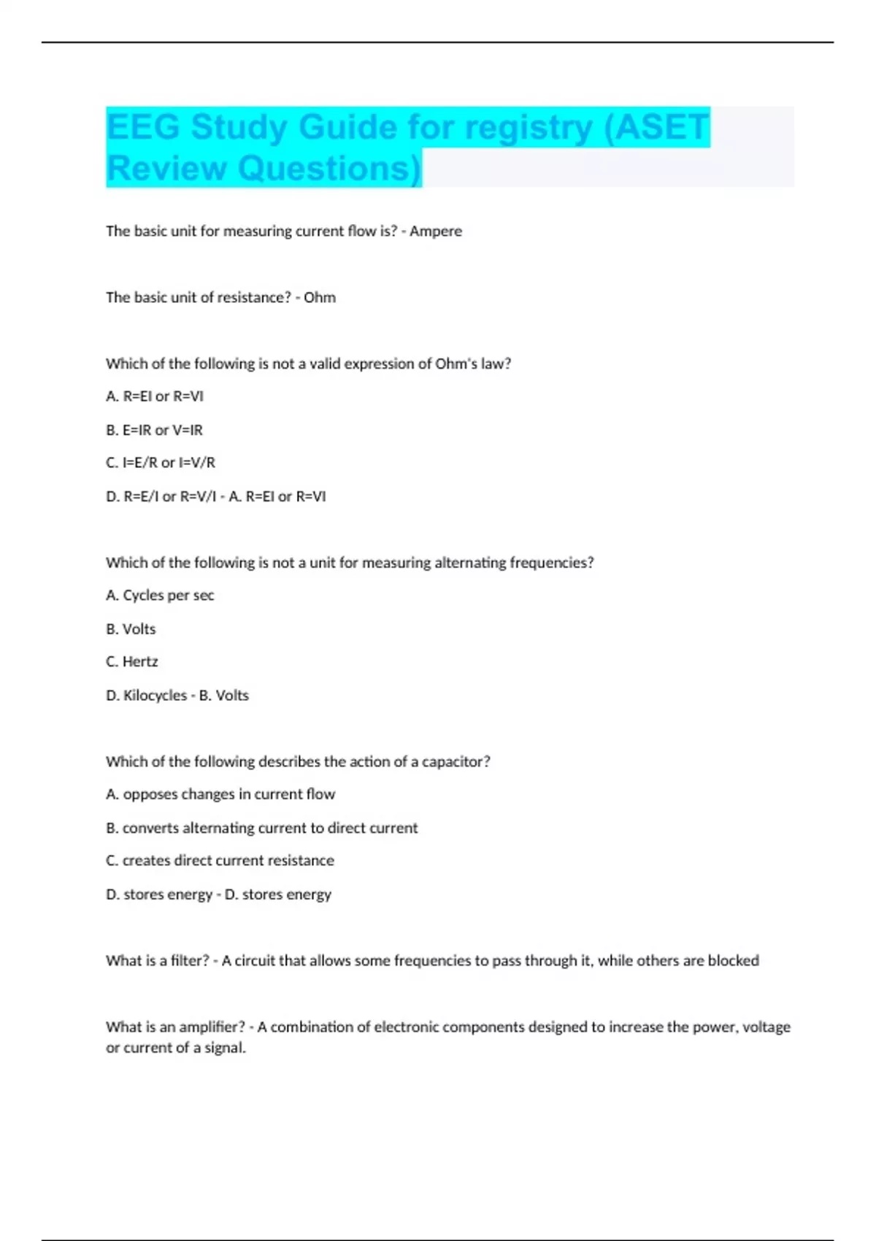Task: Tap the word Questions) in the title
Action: tap(330, 169)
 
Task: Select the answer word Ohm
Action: tap(320, 298)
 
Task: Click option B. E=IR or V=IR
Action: tap(154, 431)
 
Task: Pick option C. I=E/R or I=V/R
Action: tap(161, 463)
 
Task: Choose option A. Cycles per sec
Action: tap(160, 596)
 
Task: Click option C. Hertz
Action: tap(132, 662)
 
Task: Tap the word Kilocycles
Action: tap(155, 696)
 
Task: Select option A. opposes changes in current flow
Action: tap(220, 794)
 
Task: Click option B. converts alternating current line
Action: tap(262, 829)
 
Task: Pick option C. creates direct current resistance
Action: tap(220, 861)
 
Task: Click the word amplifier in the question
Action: tap(212, 1027)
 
